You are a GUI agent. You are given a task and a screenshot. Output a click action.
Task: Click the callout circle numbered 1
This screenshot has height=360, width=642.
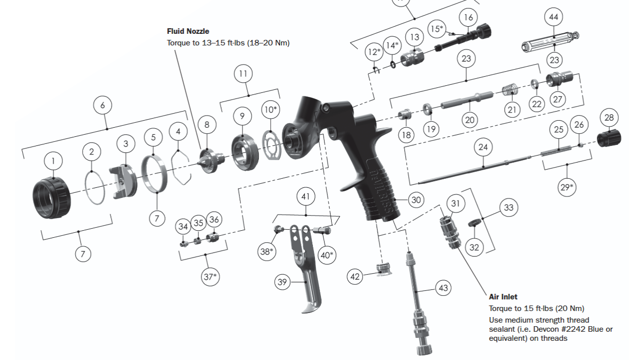tap(53, 162)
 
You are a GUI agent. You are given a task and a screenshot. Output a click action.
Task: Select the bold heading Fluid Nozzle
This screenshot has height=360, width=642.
tap(188, 31)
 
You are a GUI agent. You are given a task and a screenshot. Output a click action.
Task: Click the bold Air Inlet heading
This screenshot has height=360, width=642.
tap(503, 297)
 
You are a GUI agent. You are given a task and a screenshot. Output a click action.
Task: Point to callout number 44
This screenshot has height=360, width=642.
tap(554, 17)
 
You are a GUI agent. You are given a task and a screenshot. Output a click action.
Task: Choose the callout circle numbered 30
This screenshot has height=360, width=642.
tap(415, 200)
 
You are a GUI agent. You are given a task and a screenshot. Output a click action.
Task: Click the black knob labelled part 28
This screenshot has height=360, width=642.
tap(609, 137)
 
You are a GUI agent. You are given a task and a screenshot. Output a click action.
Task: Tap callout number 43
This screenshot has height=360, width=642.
tap(443, 288)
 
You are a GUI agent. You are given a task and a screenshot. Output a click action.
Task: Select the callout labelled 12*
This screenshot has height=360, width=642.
tap(374, 52)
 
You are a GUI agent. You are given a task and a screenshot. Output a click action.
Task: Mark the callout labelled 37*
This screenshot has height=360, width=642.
tap(211, 277)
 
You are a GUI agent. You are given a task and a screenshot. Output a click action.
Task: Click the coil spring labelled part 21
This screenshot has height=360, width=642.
tap(511, 91)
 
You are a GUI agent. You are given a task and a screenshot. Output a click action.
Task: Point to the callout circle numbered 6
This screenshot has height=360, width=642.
tap(102, 105)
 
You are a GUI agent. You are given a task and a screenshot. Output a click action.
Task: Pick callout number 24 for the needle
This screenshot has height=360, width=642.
tap(483, 147)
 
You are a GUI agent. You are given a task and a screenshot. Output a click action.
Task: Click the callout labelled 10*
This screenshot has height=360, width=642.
tap(270, 110)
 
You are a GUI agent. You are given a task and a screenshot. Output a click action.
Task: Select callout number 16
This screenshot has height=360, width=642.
tap(468, 17)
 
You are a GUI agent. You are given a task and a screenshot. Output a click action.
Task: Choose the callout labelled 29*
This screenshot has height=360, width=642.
tap(566, 188)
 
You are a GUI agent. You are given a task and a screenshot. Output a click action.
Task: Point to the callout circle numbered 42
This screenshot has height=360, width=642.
tap(355, 277)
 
